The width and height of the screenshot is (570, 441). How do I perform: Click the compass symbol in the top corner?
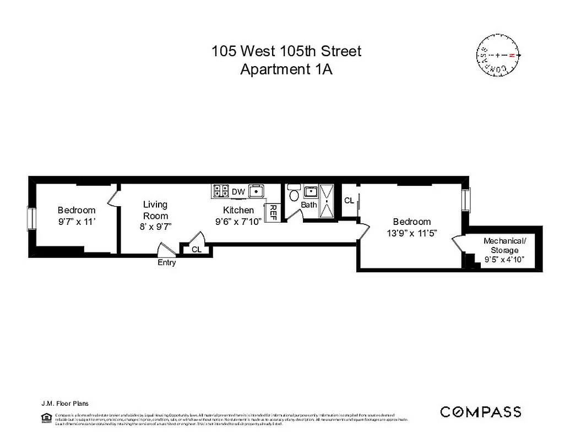pyautogui.click(x=498, y=56)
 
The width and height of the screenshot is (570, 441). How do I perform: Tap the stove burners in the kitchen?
pyautogui.click(x=221, y=191)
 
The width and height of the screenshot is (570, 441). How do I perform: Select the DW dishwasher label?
pyautogui.click(x=238, y=191)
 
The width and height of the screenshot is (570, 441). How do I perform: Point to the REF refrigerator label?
pyautogui.click(x=272, y=212)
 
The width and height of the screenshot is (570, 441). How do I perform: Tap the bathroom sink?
pyautogui.click(x=310, y=192)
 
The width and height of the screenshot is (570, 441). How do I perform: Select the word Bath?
pyautogui.click(x=309, y=205)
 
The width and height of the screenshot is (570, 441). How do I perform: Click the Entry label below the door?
pyautogui.click(x=167, y=262)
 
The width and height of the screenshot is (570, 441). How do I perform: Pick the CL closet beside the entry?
pyautogui.click(x=197, y=249)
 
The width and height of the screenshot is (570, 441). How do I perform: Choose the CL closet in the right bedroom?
pyautogui.click(x=349, y=201)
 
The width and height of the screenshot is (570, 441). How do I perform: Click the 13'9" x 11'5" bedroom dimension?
pyautogui.click(x=411, y=233)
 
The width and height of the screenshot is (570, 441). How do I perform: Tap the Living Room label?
pyautogui.click(x=155, y=210)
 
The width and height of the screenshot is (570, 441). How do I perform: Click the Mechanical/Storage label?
pyautogui.click(x=504, y=245)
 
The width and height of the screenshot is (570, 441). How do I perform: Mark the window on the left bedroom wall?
pyautogui.click(x=31, y=219)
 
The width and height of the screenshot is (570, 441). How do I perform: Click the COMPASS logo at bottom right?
pyautogui.click(x=480, y=412)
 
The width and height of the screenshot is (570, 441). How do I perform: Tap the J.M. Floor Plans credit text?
pyautogui.click(x=64, y=404)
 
